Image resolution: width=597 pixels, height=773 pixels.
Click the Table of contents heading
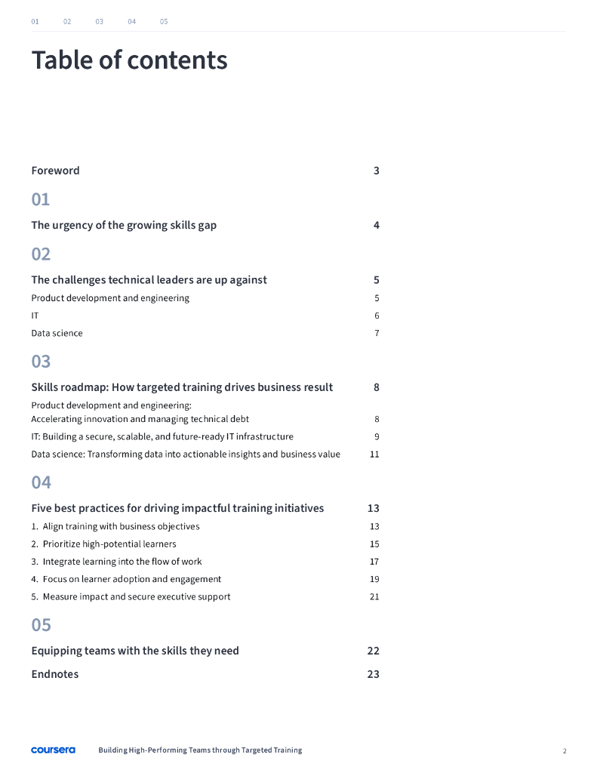129,60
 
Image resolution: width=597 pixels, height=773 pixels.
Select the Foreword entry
55,171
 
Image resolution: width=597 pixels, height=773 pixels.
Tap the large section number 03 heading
41,362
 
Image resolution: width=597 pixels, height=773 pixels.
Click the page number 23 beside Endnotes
373,674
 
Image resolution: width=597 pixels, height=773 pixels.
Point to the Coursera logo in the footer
53,750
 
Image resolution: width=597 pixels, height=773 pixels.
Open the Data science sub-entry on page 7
57,333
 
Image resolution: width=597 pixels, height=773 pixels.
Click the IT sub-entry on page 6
35,316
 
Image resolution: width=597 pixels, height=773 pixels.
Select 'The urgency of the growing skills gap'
124,225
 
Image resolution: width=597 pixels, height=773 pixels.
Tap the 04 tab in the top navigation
132,21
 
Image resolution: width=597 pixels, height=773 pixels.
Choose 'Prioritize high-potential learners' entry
109,544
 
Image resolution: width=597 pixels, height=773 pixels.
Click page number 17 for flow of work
374,562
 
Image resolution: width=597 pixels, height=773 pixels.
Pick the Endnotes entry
54,674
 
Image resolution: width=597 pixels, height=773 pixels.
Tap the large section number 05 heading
41,625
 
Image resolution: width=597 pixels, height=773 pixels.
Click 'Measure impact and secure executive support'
136,596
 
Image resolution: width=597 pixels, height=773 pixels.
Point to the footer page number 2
564,751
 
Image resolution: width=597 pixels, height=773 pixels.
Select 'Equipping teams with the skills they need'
135,651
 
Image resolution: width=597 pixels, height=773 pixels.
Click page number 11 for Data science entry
374,454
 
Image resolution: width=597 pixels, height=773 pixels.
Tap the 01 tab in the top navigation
35,21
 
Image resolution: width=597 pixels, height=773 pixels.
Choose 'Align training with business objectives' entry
121,526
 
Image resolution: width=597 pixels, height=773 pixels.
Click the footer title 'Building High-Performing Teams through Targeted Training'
200,750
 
